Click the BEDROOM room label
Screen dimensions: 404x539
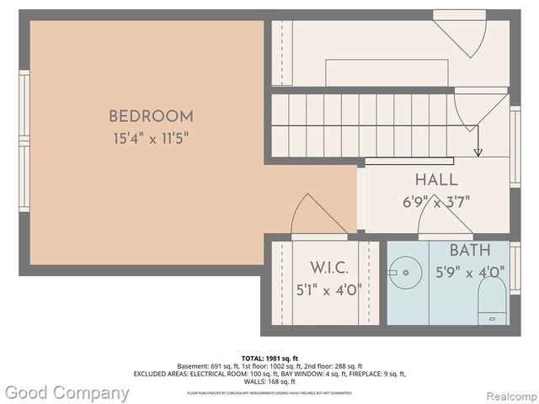click(151, 117)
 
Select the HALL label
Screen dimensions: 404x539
click(436, 180)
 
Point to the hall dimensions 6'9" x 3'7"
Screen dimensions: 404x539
click(436, 201)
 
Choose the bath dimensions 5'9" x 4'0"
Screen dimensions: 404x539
click(469, 272)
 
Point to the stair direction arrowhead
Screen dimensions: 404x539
click(478, 152)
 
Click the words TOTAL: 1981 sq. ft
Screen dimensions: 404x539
click(269, 358)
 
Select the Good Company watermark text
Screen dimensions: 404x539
click(66, 393)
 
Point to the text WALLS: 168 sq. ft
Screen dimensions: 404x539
click(269, 381)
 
